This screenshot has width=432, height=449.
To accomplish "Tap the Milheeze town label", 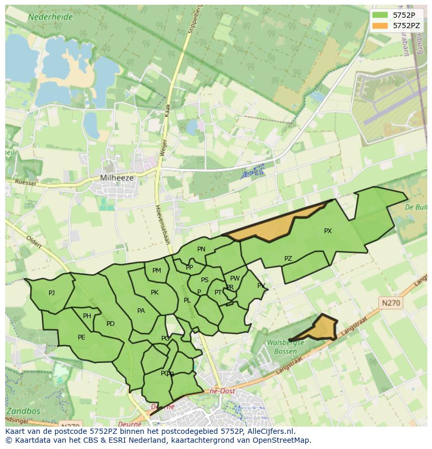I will coord(116,178).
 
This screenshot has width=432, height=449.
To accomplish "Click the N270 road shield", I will coord(391,303).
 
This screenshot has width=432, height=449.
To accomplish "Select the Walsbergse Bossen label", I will coord(285,347).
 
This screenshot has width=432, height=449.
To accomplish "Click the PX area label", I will coord(328,230).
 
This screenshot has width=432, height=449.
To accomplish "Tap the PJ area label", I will coord(52,293).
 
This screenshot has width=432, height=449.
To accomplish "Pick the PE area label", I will coord(81,337).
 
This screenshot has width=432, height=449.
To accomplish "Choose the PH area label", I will coord(87,315).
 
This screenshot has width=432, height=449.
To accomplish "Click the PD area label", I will coord(110,323).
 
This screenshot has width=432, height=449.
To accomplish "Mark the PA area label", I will coord(141,310).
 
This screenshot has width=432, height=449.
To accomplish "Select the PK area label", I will coord(154,292).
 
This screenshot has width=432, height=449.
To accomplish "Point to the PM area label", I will coord(157,270).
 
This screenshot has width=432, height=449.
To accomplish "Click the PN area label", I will coord(201,249).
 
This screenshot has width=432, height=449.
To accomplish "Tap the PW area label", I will coord(235,278).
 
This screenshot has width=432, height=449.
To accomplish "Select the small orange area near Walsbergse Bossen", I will coord(322,328).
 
